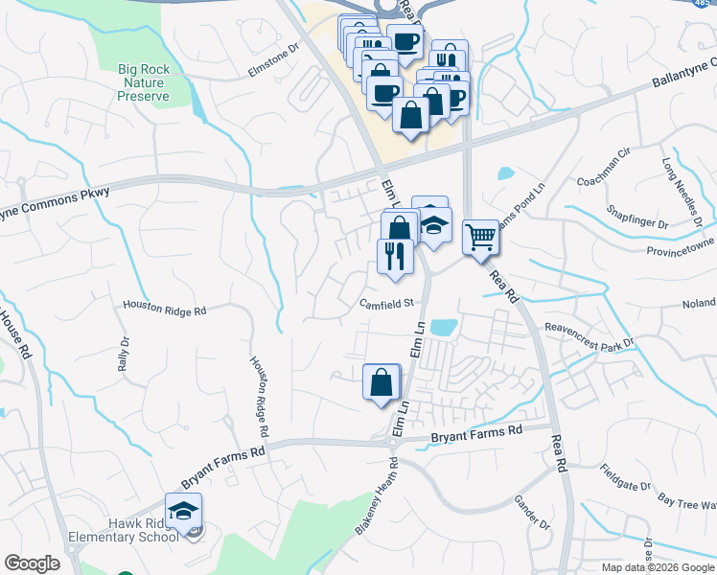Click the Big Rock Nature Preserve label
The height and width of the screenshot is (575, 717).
(144, 82)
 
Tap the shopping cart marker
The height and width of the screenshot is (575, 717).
(480, 236)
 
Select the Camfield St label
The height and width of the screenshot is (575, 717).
(385, 304)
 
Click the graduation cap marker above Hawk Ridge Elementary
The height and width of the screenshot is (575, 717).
(184, 511)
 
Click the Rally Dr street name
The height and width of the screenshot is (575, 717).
(123, 356)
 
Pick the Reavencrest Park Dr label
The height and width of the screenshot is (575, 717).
(590, 335)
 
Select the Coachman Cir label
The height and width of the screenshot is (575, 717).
(601, 180)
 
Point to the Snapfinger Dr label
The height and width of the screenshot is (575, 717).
(637, 218)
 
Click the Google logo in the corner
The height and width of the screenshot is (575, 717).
(33, 563)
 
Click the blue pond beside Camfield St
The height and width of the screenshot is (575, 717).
(443, 327)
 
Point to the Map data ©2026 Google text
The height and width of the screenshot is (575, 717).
(657, 567)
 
